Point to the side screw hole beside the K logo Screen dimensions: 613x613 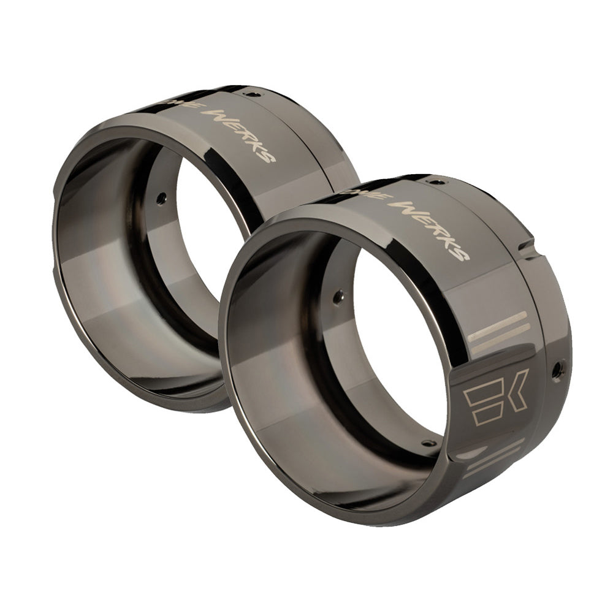[x=557, y=369]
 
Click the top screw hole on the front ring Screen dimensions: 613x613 [x=435, y=181]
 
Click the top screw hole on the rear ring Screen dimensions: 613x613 [x=252, y=94]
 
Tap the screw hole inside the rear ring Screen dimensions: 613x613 [x=161, y=198]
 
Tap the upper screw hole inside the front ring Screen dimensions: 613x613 [x=337, y=298]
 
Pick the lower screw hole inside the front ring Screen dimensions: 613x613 [x=427, y=443]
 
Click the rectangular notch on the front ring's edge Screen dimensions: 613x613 [x=525, y=248]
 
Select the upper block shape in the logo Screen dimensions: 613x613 [x=482, y=390]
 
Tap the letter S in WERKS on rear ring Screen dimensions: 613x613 [x=267, y=156]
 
